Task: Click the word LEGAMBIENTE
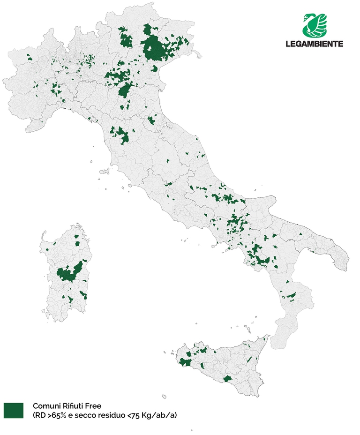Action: coord(314,44)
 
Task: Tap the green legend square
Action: coord(14,410)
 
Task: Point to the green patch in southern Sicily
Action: coord(228,378)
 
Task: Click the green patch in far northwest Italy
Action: coord(29,58)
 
